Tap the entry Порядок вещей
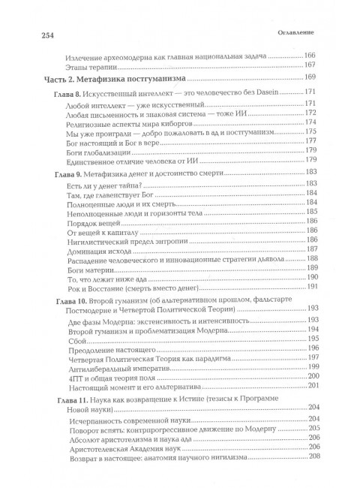pos(93,222)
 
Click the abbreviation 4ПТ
pos(74,375)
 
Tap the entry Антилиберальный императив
pos(115,363)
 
